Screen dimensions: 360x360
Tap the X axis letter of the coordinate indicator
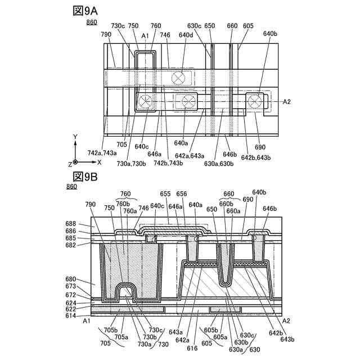pos(99,161)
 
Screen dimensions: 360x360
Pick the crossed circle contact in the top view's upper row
pos(180,79)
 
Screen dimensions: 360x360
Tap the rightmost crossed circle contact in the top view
pos(256,102)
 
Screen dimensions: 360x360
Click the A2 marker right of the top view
pos(286,102)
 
